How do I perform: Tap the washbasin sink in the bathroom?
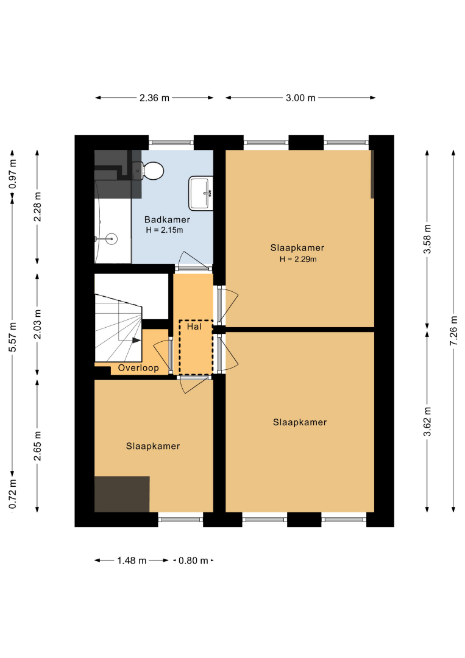pos(201,193)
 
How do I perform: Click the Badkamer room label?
pos(167,219)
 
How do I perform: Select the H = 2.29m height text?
pos(298,260)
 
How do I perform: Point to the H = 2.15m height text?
pos(165,230)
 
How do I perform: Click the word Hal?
pos(194,327)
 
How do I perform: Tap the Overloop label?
pos(138,368)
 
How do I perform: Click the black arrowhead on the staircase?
pos(137,341)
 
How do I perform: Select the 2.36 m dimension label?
pos(154,97)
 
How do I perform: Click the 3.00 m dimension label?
pos(300,97)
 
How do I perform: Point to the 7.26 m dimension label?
pos(453,331)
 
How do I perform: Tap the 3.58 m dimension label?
pos(427,239)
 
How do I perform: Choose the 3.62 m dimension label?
pos(427,422)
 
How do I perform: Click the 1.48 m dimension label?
pos(132,561)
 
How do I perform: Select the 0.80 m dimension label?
pos(193,561)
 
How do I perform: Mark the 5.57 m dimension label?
pos(13,338)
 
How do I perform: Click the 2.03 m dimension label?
pos(37,324)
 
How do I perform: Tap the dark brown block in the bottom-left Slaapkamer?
pos(122,494)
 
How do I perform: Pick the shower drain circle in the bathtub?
pos(112,239)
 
